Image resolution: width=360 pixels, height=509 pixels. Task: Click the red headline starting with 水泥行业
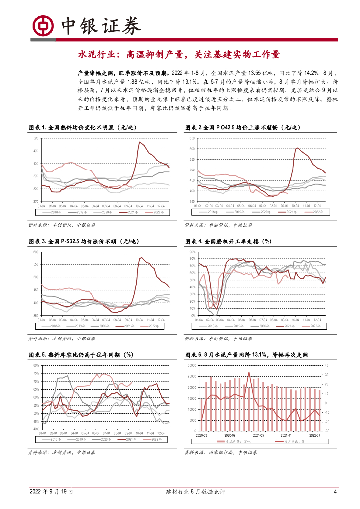click(x=179, y=54)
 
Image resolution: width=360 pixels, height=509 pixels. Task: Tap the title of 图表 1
click(x=83, y=128)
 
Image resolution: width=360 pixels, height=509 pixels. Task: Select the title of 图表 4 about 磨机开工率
click(x=228, y=241)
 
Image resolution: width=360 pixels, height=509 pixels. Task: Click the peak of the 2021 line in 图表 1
click(x=139, y=142)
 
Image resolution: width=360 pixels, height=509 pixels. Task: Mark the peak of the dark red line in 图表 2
click(x=297, y=147)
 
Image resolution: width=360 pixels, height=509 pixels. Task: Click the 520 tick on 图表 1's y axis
click(x=36, y=138)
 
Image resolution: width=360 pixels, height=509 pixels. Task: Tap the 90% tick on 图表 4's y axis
click(x=192, y=252)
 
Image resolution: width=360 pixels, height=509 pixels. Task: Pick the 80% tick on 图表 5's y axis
click(x=36, y=365)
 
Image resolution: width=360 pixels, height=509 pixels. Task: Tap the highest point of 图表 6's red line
click(x=249, y=372)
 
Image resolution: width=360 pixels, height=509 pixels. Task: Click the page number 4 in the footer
click(x=336, y=492)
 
